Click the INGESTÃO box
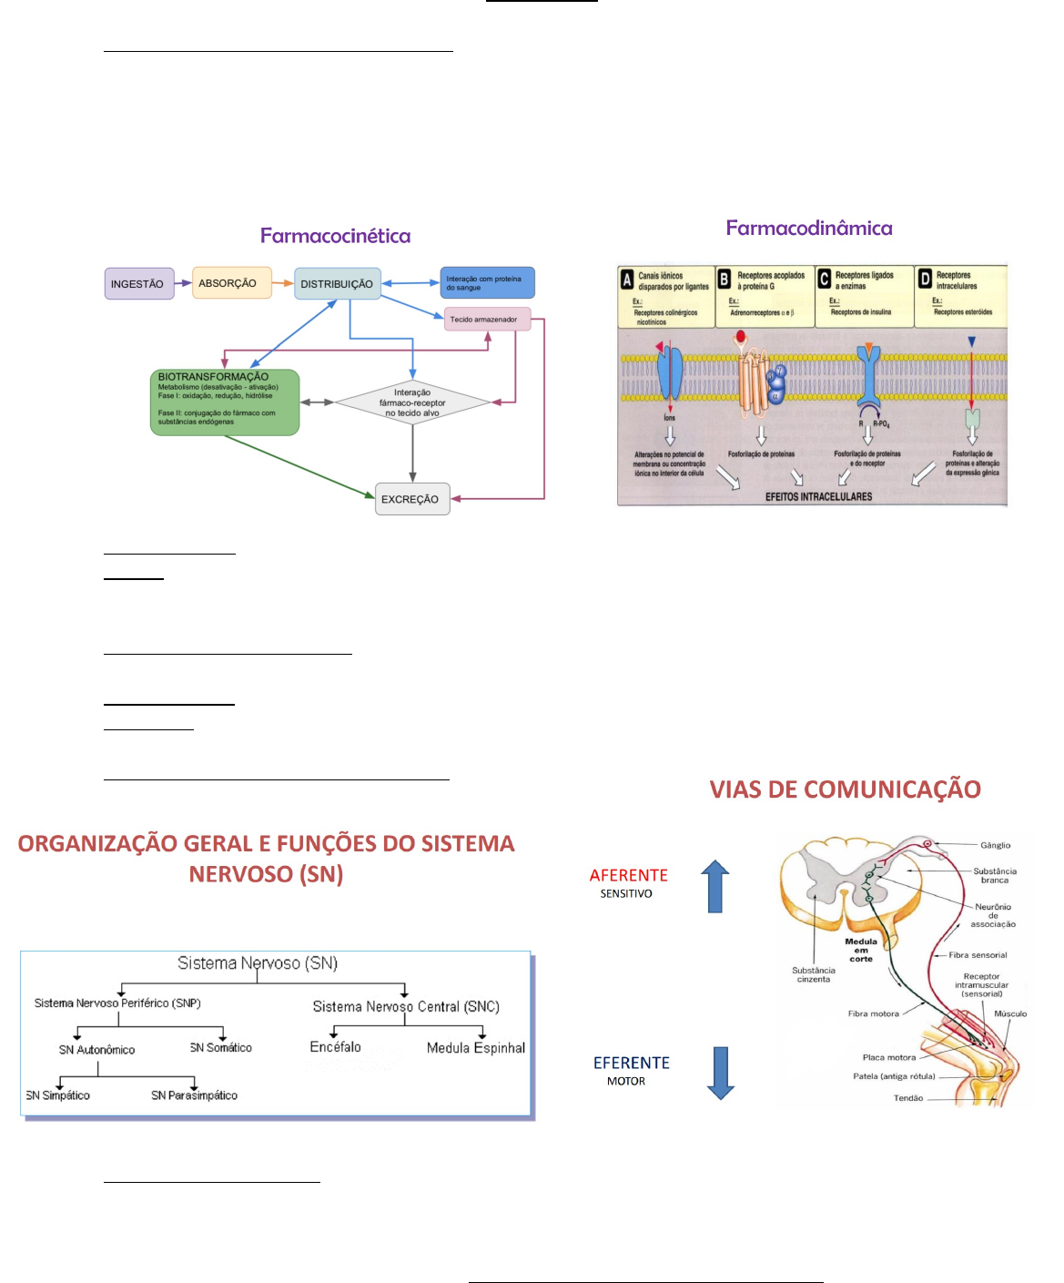138,284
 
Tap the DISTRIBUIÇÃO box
337,284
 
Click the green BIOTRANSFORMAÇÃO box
224,402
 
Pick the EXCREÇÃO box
412,499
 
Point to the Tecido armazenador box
487,319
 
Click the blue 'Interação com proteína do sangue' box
487,283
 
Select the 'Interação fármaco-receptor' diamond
412,402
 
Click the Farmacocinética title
335,236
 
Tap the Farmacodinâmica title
808,228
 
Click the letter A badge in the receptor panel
627,280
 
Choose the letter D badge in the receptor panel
925,280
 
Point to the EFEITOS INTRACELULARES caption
818,497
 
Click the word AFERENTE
628,875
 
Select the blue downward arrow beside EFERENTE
721,1073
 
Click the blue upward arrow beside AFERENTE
716,886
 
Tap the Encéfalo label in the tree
335,1047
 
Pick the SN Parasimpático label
194,1095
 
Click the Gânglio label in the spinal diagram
995,845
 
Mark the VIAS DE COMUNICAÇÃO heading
845,789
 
